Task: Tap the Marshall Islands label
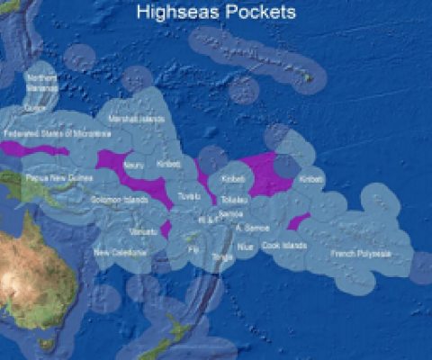(x=136, y=119)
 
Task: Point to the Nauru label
(x=134, y=166)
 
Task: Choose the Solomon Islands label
(x=119, y=199)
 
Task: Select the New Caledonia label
(x=119, y=252)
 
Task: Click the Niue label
(x=245, y=244)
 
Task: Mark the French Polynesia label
(x=361, y=254)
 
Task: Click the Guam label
(x=35, y=108)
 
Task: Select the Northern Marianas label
(x=41, y=85)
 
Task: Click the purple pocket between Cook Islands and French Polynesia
(x=298, y=222)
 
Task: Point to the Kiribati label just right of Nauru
(x=169, y=165)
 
